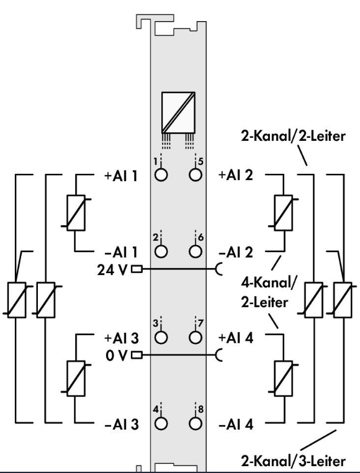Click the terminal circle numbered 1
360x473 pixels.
pos(161,175)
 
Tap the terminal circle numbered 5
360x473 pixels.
pos(196,175)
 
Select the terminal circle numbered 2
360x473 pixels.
pos(161,251)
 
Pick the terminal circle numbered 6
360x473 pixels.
pos(196,251)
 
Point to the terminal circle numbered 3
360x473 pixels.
pos(161,337)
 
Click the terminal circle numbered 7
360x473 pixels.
pos(196,337)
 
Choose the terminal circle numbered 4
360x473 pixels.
pos(161,423)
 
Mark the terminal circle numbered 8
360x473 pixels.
pos(196,423)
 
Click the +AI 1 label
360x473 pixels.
pos(120,176)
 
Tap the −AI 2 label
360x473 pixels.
pos(236,252)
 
